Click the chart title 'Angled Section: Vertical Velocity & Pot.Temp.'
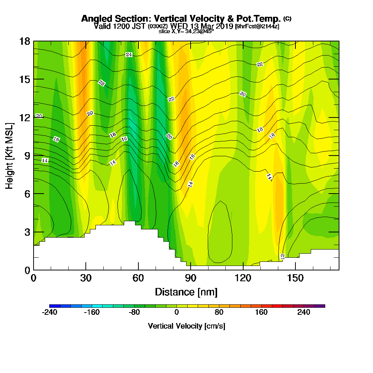tap(181, 19)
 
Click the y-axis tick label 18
tap(25, 41)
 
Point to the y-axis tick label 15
tap(25, 79)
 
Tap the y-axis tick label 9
tap(27, 155)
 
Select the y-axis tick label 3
tap(27, 232)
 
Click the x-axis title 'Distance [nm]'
tap(186, 292)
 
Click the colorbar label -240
tap(50, 312)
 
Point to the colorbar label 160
tap(261, 312)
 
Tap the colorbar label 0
tap(177, 312)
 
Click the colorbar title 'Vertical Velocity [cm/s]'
tap(186, 326)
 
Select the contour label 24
tap(129, 55)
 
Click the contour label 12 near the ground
tap(282, 256)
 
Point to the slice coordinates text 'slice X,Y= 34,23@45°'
tap(186, 31)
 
